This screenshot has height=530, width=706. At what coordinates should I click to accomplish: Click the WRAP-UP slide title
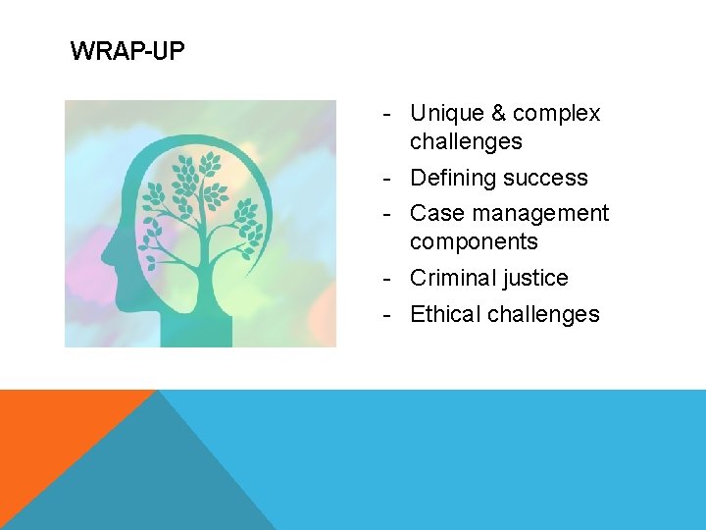coord(126,51)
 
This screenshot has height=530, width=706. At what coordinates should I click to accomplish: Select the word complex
coord(556,115)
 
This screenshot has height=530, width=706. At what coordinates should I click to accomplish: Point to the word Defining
coord(451,179)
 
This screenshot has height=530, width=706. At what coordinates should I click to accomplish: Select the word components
coord(474,242)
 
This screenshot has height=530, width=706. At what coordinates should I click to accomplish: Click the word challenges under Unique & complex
coord(466,142)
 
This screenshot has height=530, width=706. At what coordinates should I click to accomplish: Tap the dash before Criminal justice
coord(388,279)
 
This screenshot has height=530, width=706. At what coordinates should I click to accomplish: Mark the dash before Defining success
coord(388,179)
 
